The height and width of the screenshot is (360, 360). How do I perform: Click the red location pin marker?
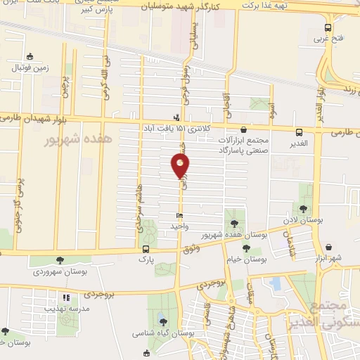click(181, 166)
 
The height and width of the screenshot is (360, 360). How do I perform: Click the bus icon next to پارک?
click(146, 249)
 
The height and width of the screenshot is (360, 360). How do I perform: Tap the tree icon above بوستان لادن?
click(303, 208)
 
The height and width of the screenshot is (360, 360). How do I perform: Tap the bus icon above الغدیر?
click(300, 131)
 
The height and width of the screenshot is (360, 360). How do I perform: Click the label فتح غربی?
click(327, 39)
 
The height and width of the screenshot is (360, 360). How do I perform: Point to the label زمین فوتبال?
click(30, 67)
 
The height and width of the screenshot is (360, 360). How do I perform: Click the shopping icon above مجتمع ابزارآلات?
click(243, 129)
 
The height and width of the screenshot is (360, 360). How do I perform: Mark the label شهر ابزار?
click(328, 259)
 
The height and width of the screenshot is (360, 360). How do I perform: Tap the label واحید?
click(180, 226)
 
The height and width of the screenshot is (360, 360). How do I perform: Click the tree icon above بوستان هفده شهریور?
click(234, 223)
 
